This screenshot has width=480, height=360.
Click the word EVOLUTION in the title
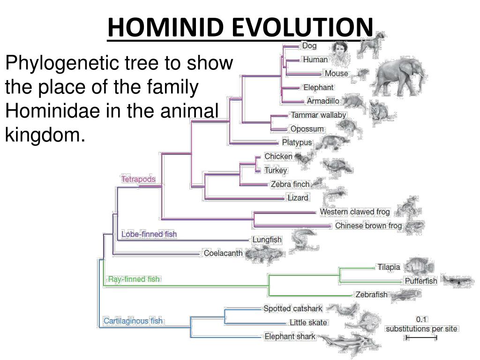click(x=304, y=27)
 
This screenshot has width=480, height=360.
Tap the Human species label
click(x=315, y=60)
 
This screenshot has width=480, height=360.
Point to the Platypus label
click(x=297, y=142)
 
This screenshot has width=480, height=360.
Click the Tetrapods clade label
click(x=138, y=179)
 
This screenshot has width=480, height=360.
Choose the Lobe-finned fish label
click(x=149, y=234)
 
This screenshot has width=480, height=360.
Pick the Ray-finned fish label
click(x=134, y=279)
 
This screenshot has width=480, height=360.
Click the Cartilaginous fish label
click(x=133, y=321)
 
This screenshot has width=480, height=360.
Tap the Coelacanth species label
click(x=223, y=253)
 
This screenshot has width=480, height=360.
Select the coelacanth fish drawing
click(x=264, y=254)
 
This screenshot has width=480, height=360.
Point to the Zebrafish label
click(x=372, y=294)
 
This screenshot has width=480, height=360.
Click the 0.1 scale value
click(x=421, y=320)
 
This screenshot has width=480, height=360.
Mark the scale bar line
click(x=421, y=337)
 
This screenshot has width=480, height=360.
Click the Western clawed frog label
click(x=355, y=212)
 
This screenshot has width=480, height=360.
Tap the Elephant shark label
click(x=290, y=337)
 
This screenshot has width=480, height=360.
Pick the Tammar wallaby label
click(x=319, y=115)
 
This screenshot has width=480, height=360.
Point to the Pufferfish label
click(x=421, y=281)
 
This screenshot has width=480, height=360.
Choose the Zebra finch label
click(x=290, y=184)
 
